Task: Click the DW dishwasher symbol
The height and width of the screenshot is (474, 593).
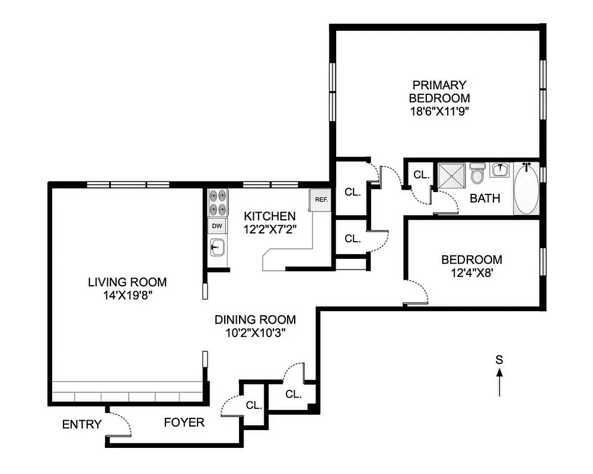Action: (217, 226)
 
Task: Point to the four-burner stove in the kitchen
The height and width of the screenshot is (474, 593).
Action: (218, 203)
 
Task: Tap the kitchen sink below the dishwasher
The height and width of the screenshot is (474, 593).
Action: (217, 246)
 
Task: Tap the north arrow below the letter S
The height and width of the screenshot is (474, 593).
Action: (499, 383)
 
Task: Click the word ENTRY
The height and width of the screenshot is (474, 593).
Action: (82, 424)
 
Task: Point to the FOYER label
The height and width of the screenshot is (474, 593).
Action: (184, 422)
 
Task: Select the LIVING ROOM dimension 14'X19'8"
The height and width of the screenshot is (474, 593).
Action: (127, 295)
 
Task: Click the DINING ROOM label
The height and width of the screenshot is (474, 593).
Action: (255, 320)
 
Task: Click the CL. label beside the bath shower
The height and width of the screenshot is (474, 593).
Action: (421, 175)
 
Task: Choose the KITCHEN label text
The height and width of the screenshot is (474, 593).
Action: (269, 216)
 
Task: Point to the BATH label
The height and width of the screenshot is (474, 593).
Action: (484, 198)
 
